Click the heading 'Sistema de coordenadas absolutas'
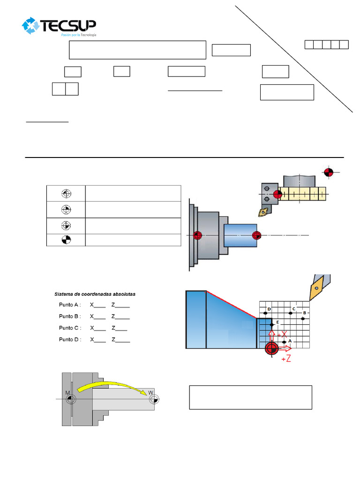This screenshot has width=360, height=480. coord(95,294)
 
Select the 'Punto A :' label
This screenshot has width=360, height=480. coord(70,305)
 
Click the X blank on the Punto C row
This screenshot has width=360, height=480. coord(97,328)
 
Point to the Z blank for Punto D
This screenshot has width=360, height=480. coord(120,340)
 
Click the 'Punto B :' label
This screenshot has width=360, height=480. coord(70,316)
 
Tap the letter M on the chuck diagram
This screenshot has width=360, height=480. coord(67,392)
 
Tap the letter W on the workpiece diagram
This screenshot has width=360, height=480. coord(150,392)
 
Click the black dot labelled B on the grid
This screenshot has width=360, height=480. coord(303,319)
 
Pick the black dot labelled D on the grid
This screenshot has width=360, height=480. coord(266,314)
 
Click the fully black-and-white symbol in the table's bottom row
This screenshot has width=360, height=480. coord(66,240)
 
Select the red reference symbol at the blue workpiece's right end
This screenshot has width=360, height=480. coord(256,235)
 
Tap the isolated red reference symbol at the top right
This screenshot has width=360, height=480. coord(329,172)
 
